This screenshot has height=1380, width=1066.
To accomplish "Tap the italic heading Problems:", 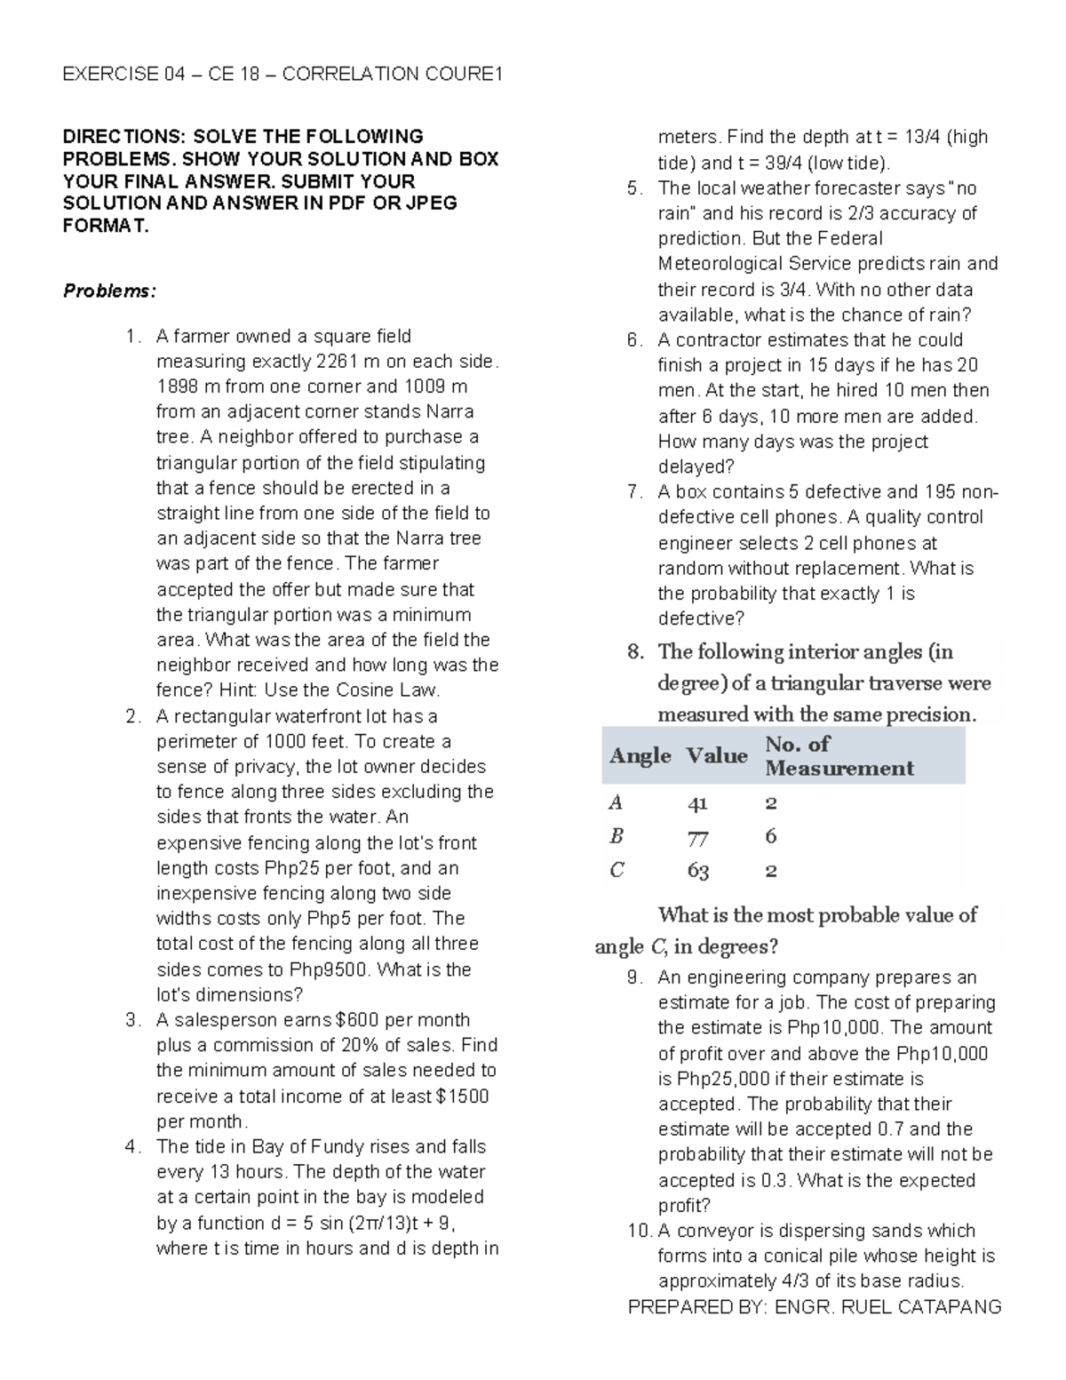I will [x=108, y=291].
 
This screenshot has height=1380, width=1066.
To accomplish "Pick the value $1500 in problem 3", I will [x=463, y=1097].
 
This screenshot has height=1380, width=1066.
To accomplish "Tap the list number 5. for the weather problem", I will [x=632, y=188].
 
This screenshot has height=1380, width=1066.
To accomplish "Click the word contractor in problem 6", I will [x=718, y=340].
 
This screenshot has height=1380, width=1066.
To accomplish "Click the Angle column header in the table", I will [x=640, y=756].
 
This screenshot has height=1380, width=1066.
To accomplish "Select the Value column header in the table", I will [x=716, y=756].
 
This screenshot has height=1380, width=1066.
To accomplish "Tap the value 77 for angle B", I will [x=698, y=837].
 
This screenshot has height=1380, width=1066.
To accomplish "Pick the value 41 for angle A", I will [x=697, y=803].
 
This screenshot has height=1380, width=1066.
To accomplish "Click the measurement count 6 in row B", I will [x=770, y=836].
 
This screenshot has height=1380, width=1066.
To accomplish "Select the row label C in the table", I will [x=617, y=870].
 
